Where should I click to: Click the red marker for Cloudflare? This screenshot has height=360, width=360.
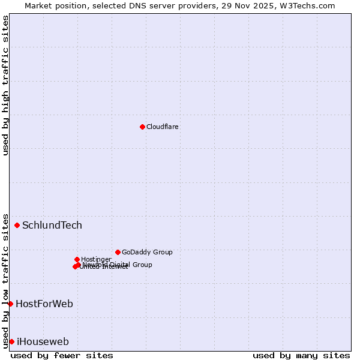coord(142,127)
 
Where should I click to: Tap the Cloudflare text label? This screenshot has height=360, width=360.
coord(163,127)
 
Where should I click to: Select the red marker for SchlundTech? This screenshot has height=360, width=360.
coord(17,225)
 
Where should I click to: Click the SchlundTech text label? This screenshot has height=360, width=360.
coord(52,226)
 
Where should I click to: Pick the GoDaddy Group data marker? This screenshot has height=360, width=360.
coord(118,252)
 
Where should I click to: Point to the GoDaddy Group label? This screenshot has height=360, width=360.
coord(147,252)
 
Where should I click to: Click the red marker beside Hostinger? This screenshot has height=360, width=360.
coord(77,259)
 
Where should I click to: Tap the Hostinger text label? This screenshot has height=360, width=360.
coord(96,259)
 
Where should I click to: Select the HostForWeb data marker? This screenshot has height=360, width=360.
coord(10,304)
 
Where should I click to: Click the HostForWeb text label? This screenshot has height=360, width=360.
coord(44,304)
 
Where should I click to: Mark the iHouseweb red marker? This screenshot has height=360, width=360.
coord(11,341)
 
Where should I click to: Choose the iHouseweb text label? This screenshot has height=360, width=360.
coord(43,342)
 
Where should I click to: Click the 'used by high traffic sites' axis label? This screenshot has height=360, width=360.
coord(5,85)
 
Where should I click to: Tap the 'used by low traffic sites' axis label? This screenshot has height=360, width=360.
coord(5,280)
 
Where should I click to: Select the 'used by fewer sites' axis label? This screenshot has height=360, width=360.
coord(62,355)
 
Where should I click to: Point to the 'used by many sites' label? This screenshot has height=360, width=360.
coord(301,355)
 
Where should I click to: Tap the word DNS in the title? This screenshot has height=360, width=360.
coord(134,5)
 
